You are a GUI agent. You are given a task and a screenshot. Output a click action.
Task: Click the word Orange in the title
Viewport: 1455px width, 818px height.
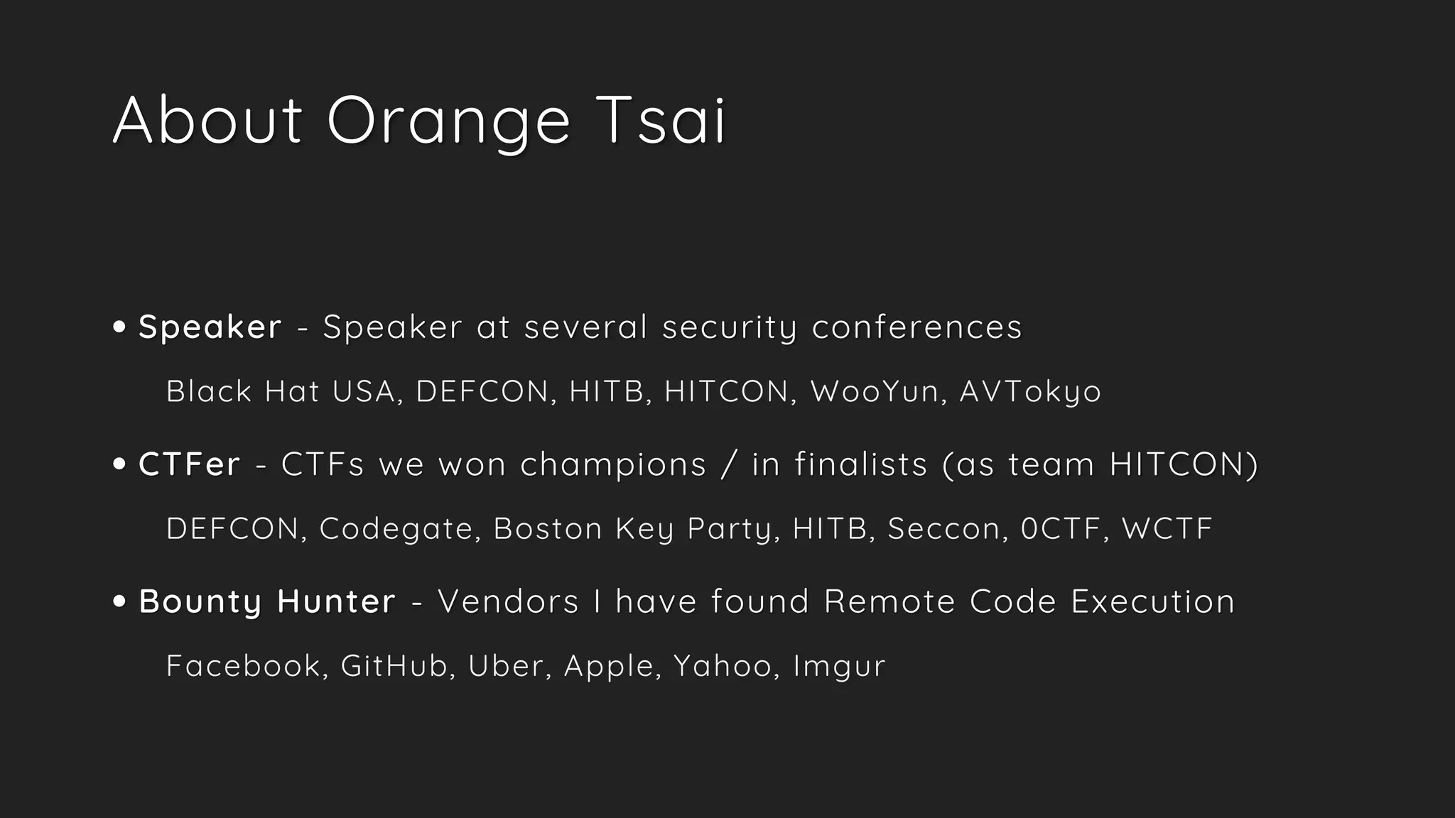tap(448, 121)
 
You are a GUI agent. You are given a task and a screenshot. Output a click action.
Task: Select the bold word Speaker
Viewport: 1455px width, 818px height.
tap(210, 327)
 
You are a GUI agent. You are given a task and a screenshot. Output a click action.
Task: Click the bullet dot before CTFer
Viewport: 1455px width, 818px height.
tap(119, 464)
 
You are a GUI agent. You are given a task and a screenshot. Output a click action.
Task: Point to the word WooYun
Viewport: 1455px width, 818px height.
tap(875, 391)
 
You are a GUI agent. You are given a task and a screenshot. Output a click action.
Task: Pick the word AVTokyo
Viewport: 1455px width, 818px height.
tap(1030, 392)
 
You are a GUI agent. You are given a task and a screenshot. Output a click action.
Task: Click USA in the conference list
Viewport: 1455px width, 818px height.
tap(363, 391)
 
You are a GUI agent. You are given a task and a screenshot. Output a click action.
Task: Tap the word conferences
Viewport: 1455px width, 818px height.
tap(916, 327)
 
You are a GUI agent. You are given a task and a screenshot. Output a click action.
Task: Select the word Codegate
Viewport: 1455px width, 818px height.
tap(396, 529)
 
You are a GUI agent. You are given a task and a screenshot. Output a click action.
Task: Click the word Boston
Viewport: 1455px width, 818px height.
tap(548, 529)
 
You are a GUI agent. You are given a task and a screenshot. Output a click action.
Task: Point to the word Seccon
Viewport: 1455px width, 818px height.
tap(944, 529)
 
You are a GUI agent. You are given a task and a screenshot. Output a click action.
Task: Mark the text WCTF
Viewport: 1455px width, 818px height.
tap(1167, 529)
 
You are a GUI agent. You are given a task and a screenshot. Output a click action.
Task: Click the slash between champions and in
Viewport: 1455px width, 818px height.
tap(725, 465)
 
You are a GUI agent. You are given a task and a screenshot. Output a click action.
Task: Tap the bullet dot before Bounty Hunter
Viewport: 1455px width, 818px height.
tap(119, 601)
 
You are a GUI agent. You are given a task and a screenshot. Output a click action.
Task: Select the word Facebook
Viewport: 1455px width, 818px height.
tap(243, 666)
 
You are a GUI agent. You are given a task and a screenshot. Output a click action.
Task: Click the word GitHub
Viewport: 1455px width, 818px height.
tap(394, 666)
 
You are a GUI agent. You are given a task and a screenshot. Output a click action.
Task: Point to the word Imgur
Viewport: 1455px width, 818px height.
tap(839, 667)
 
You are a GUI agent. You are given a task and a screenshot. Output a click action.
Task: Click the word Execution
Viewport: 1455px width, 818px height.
tap(1152, 601)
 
